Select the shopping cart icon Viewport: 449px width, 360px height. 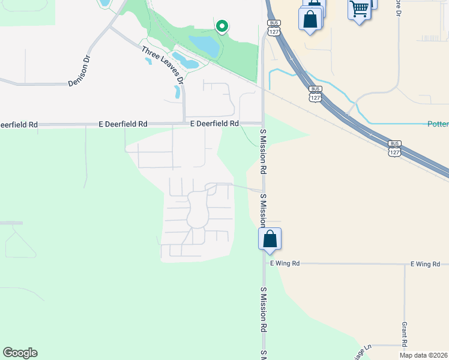tap(359, 9)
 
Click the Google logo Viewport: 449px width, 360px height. tap(20, 352)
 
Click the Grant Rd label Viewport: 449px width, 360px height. tap(405, 334)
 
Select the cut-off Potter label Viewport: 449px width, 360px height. tap(438, 124)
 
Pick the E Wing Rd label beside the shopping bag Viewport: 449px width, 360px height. tap(285, 263)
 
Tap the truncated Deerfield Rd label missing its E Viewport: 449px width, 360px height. tap(19, 125)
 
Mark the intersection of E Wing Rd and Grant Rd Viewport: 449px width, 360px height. tap(405, 264)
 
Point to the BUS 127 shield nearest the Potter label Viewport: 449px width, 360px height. tap(394, 148)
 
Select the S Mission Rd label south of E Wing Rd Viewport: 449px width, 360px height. tap(263, 310)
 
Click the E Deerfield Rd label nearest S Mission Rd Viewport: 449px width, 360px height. tap(214, 124)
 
